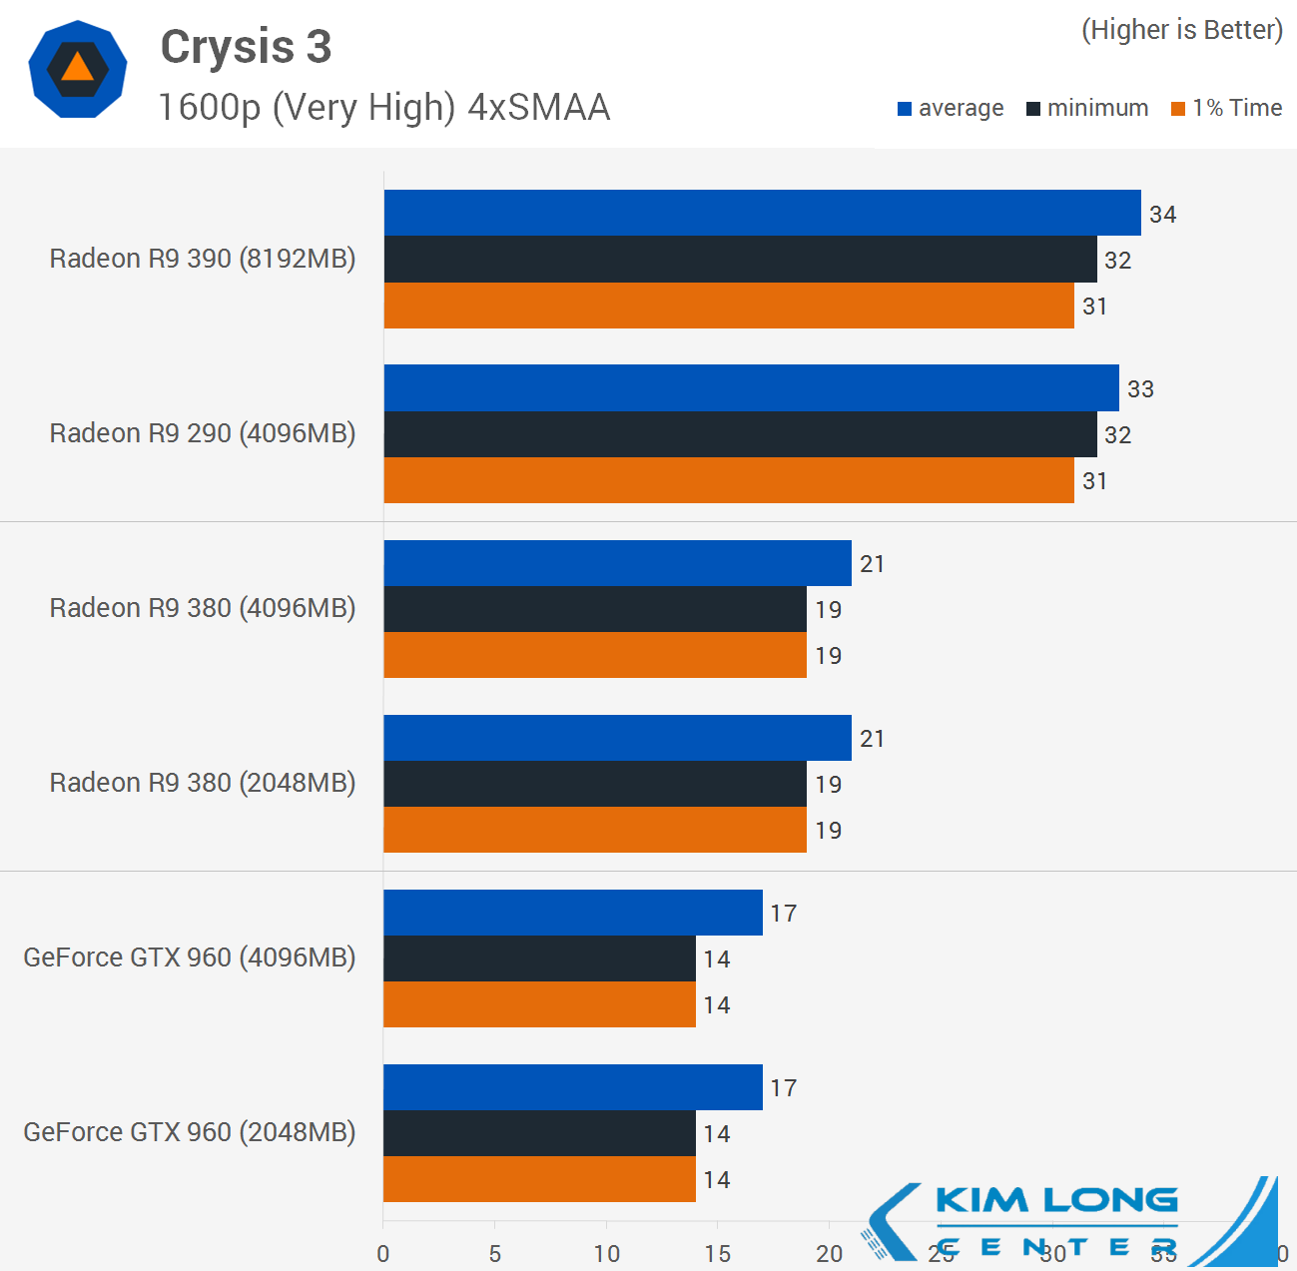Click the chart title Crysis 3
click(x=246, y=47)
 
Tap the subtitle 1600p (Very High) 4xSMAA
click(x=384, y=108)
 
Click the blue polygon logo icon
click(x=78, y=70)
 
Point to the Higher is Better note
click(x=1182, y=30)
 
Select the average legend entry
click(x=951, y=108)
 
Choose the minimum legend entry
click(x=1087, y=108)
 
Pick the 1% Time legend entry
click(x=1227, y=108)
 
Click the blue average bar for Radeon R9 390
click(x=762, y=213)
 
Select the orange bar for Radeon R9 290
click(x=729, y=480)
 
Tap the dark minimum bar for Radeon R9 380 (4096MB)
click(x=595, y=609)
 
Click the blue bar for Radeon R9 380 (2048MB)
click(x=617, y=738)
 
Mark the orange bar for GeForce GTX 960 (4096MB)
click(x=539, y=1004)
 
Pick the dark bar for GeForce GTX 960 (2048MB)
click(x=539, y=1133)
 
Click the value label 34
click(x=1162, y=214)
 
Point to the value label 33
click(x=1140, y=388)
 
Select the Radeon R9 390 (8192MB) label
click(x=203, y=259)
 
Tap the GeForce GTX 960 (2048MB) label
click(x=190, y=1132)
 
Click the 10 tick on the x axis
click(x=606, y=1253)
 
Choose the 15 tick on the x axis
click(x=717, y=1253)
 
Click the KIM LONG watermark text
click(x=1056, y=1200)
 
